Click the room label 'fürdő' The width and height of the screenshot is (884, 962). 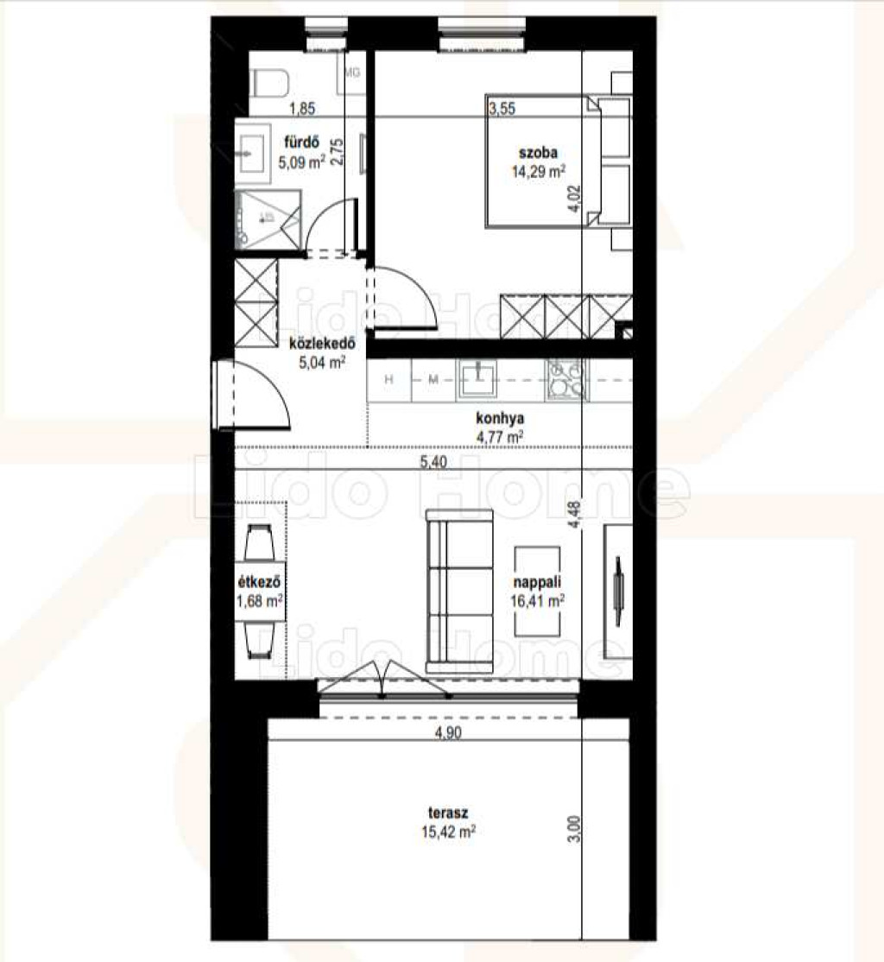[x=301, y=142]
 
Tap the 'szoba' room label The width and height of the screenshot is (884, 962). [x=538, y=152]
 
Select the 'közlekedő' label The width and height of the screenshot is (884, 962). [x=322, y=343]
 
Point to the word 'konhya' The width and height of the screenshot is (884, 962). [x=500, y=419]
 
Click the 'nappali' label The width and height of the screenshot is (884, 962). [x=538, y=582]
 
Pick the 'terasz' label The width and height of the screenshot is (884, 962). [x=448, y=813]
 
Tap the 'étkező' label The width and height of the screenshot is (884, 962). [x=259, y=582]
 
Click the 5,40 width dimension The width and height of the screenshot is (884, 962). [x=433, y=462]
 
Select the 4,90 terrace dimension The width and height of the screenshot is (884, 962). [x=448, y=732]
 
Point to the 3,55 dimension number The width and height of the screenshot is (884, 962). [x=502, y=109]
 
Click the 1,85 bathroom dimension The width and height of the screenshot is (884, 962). [x=302, y=109]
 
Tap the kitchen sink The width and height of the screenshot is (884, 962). [x=478, y=378]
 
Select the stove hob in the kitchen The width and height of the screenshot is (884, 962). [x=565, y=378]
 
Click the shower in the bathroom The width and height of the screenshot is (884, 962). [x=268, y=219]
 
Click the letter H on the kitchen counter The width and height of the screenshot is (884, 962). [x=389, y=380]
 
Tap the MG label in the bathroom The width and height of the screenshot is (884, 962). [x=351, y=73]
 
